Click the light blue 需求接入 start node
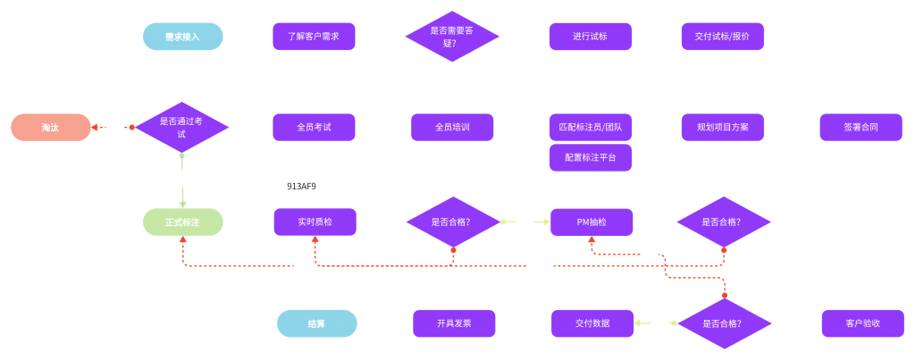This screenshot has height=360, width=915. point(182,37)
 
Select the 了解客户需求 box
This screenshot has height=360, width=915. point(314,37)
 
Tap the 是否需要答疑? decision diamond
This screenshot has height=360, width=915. point(452,37)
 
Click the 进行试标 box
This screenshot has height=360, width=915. point(590,37)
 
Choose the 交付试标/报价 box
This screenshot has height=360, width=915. point(723,37)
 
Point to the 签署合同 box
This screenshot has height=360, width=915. point(860,127)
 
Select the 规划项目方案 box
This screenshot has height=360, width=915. point(723,127)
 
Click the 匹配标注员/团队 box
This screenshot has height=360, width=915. point(590,127)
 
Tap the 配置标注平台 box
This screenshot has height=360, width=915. point(590,157)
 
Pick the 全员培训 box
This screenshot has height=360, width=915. point(452,127)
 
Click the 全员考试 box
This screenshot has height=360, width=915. point(314,127)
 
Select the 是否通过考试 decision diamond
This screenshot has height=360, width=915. point(182,127)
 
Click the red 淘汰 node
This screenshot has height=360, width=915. point(51,127)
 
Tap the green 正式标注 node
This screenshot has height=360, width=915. point(182,222)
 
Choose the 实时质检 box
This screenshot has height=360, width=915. point(314,222)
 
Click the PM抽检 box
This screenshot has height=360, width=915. point(591,222)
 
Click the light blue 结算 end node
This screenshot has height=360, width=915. point(316,322)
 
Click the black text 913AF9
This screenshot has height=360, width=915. point(301,187)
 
